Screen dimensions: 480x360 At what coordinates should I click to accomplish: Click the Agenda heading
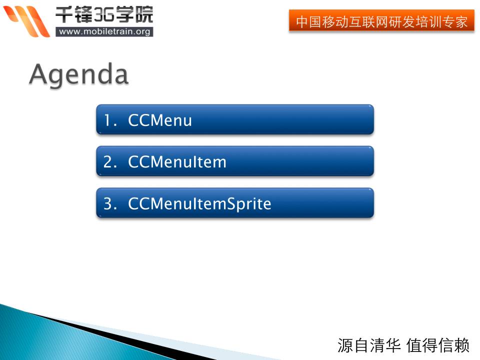click(79, 74)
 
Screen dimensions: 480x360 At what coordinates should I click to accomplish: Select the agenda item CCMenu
click(160, 120)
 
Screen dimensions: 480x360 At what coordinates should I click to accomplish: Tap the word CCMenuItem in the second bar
click(177, 161)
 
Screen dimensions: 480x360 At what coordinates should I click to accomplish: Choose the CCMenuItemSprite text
click(199, 204)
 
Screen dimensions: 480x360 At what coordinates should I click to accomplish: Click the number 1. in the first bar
click(110, 120)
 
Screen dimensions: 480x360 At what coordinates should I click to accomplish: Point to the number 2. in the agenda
click(110, 161)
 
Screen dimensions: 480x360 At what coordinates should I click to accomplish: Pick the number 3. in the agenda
click(110, 203)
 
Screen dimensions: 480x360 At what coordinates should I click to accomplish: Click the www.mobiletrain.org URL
click(104, 32)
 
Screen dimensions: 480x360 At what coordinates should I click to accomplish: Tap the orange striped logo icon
click(26, 21)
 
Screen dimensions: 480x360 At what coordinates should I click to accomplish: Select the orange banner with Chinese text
click(381, 21)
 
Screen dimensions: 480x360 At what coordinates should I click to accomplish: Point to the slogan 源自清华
click(369, 345)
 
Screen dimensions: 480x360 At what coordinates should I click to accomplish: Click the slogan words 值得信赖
click(438, 345)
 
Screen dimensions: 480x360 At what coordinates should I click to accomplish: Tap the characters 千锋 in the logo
click(74, 14)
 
